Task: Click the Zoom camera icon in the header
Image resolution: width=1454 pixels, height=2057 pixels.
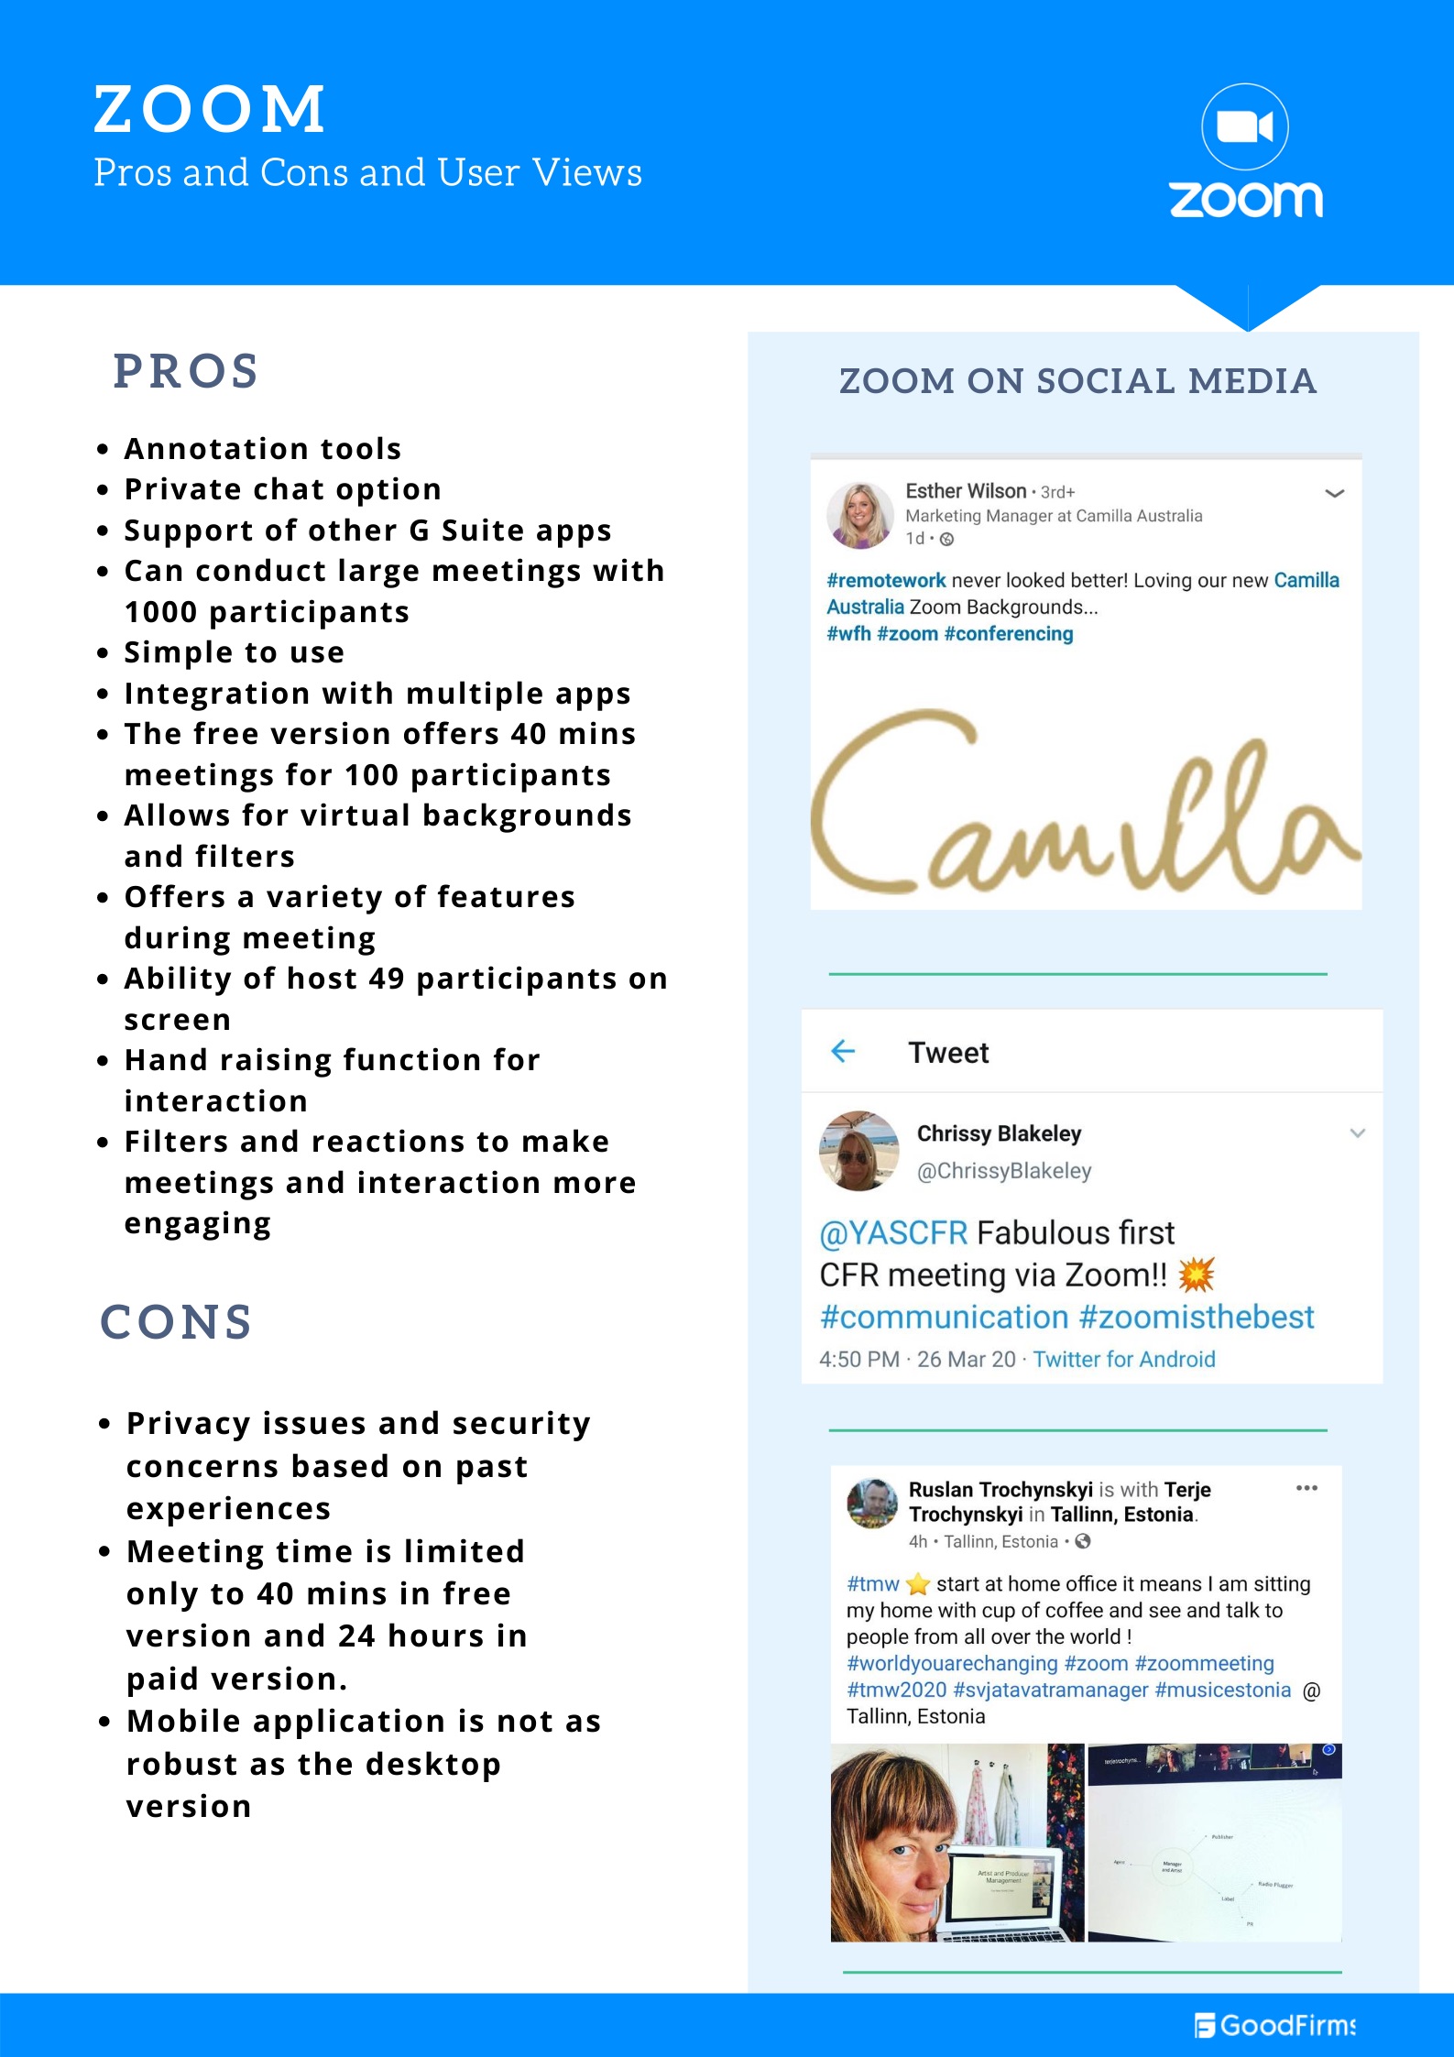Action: tap(1244, 126)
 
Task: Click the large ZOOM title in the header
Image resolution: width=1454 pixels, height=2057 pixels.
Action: tap(210, 109)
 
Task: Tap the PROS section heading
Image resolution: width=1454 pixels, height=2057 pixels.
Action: tap(186, 371)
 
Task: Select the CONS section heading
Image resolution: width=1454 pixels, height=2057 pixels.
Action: tap(176, 1321)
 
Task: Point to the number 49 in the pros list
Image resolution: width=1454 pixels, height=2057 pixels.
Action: tap(386, 979)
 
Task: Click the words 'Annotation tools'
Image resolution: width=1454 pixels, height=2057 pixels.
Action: tap(263, 449)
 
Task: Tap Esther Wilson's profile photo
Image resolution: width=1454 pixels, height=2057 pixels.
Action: tap(859, 515)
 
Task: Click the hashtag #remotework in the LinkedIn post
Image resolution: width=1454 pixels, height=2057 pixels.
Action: tap(886, 580)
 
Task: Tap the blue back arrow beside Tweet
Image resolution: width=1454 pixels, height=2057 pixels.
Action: tap(842, 1052)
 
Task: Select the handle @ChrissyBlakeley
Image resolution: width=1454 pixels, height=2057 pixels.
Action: tap(1004, 1171)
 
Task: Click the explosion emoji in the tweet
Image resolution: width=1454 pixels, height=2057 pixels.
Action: tap(1196, 1275)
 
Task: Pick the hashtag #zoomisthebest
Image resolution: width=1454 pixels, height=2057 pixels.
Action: tap(1196, 1317)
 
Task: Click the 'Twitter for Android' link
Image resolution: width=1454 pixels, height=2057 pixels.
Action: tap(1124, 1359)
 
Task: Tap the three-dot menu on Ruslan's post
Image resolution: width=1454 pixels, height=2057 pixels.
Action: tap(1306, 1488)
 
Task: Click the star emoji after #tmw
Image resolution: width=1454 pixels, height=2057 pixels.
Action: tap(918, 1583)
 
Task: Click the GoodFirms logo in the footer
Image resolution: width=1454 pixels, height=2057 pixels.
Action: tap(1275, 2025)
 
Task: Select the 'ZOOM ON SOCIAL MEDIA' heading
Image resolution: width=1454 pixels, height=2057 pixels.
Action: tap(1077, 381)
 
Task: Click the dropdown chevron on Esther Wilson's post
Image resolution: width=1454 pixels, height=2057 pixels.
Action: tap(1335, 493)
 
